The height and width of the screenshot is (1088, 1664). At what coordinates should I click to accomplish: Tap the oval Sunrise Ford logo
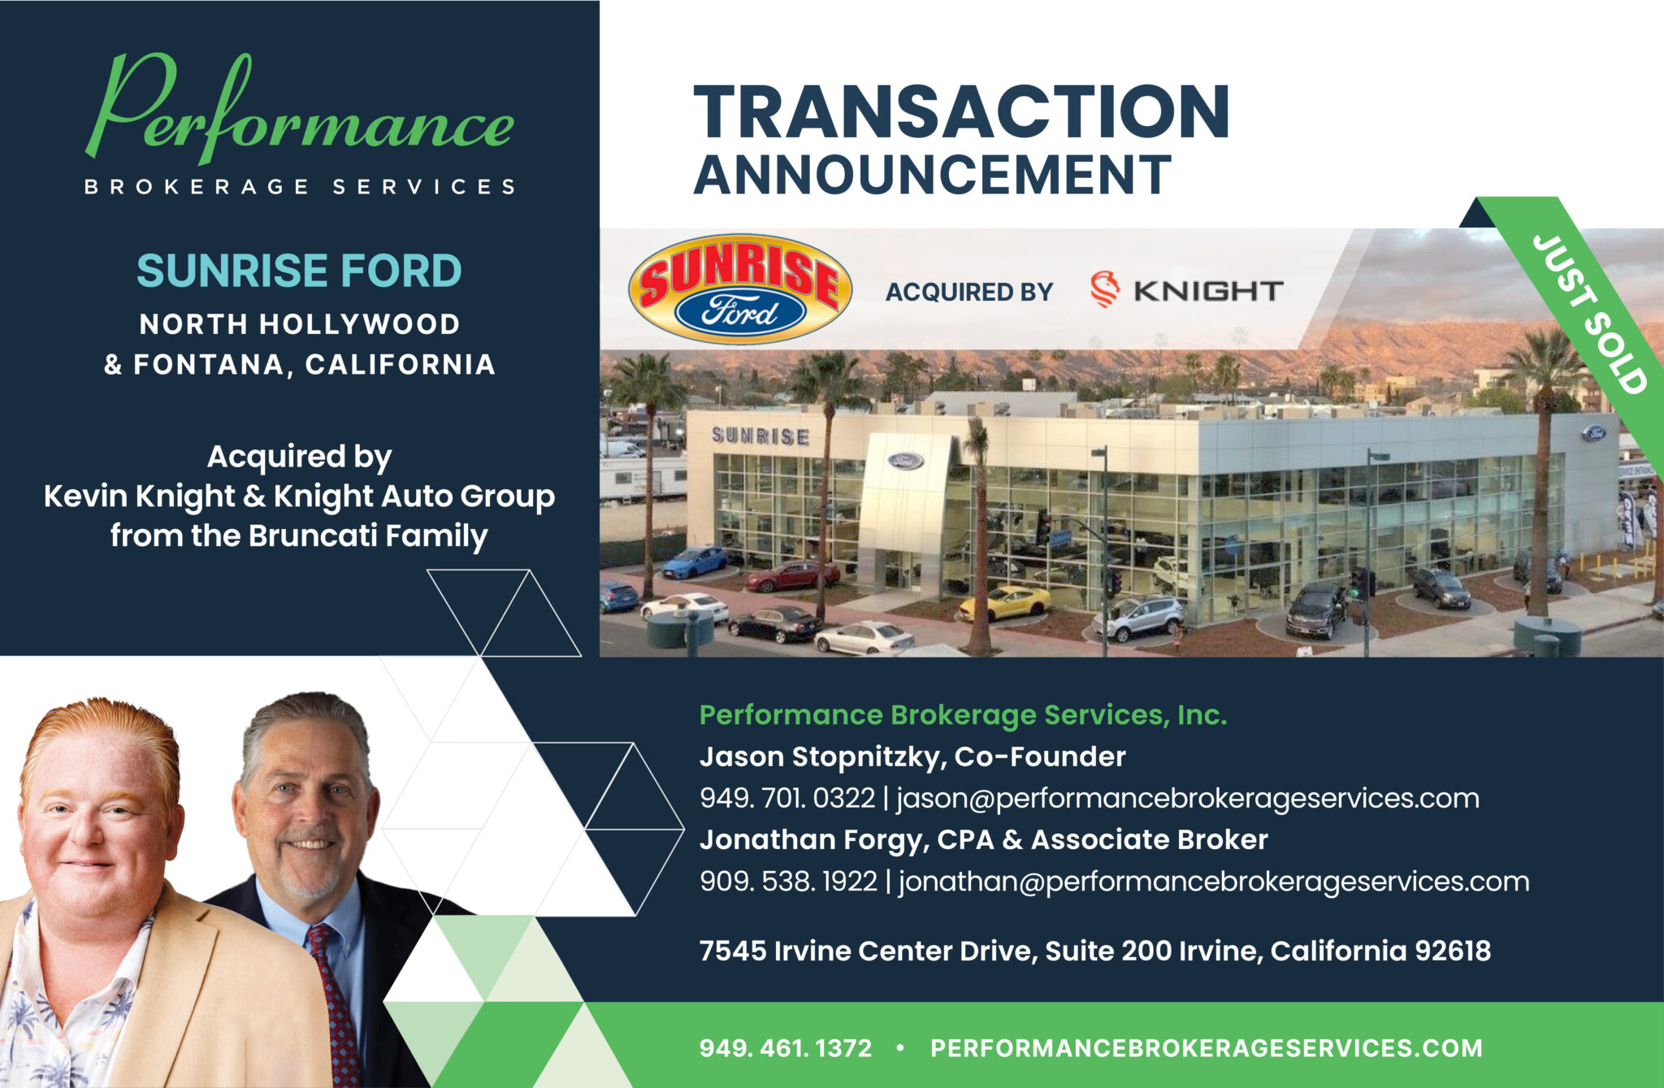tap(740, 289)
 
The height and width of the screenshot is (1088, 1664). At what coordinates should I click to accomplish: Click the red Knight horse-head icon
tap(1104, 289)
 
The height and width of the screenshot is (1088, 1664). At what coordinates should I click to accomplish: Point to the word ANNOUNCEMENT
tap(932, 175)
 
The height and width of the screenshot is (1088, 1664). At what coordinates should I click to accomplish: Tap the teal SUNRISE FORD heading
tap(299, 271)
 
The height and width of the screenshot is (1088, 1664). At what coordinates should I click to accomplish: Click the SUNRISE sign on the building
tap(760, 436)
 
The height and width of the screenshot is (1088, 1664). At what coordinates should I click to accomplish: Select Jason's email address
tap(1187, 798)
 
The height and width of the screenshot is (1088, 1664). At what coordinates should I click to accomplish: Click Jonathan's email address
tap(1214, 881)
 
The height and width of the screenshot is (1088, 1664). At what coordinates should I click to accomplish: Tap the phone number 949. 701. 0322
tap(786, 798)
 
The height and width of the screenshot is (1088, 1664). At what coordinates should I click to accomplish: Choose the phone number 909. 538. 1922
tap(788, 881)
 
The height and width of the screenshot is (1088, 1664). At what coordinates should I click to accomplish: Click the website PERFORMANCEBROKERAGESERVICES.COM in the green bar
tap(1206, 1048)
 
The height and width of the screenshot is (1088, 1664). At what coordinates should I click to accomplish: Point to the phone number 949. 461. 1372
tap(785, 1048)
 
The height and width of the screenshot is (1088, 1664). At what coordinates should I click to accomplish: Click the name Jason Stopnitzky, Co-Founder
tap(912, 756)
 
